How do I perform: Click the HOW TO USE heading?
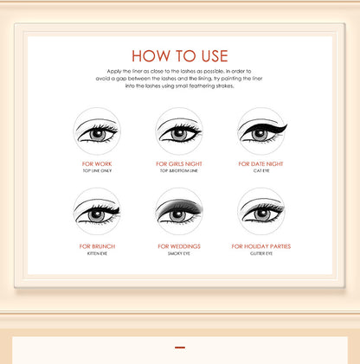coord(180,56)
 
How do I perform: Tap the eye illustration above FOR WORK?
coord(97,131)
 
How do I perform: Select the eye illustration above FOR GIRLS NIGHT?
coord(179,131)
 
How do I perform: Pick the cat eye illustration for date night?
coord(261,131)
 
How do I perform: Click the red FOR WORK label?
coord(97,163)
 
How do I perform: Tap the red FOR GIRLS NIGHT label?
coord(179,163)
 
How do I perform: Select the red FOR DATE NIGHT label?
coord(261,163)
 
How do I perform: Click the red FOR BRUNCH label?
coord(97,246)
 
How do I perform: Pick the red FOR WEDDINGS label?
coord(179,246)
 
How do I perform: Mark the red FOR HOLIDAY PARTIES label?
coord(261,246)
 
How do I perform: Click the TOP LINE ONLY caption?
coord(97,171)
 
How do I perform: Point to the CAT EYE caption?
coord(261,171)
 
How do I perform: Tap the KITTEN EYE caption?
coord(97,254)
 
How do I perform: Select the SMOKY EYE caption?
coord(179,254)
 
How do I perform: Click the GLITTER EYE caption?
coord(261,254)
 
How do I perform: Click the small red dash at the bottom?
coord(180,348)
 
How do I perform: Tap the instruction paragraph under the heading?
coord(180,84)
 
